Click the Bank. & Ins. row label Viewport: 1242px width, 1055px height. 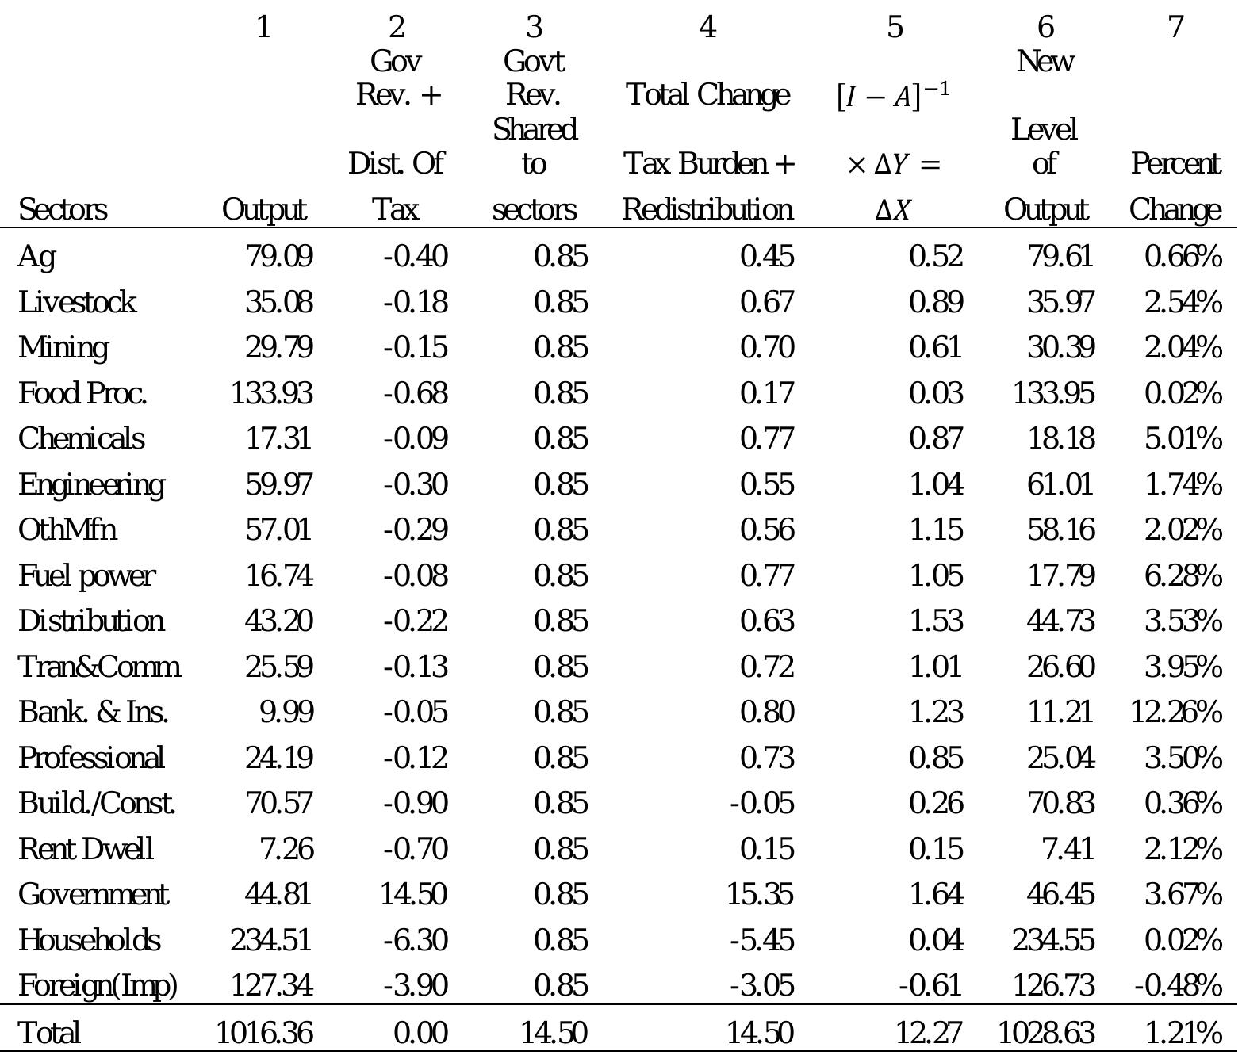(x=94, y=712)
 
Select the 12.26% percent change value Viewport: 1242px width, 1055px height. (x=1175, y=712)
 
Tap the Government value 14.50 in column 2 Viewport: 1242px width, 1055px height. (x=414, y=894)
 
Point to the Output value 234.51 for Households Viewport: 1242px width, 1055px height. (x=271, y=940)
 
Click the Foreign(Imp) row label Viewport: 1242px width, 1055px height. (x=98, y=985)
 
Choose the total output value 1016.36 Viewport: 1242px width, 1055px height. (x=265, y=1032)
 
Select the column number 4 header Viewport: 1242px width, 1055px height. (x=707, y=28)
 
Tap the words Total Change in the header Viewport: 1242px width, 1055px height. (x=707, y=95)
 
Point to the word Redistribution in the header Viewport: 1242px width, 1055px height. (x=707, y=209)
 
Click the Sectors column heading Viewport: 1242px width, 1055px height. (x=63, y=209)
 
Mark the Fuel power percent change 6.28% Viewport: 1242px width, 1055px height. (x=1183, y=575)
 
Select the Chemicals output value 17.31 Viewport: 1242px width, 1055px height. (x=278, y=438)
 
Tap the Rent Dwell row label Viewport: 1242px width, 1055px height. (x=86, y=849)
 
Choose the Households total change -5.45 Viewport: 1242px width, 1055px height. (x=762, y=940)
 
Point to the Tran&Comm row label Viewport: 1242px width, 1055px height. (x=99, y=667)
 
